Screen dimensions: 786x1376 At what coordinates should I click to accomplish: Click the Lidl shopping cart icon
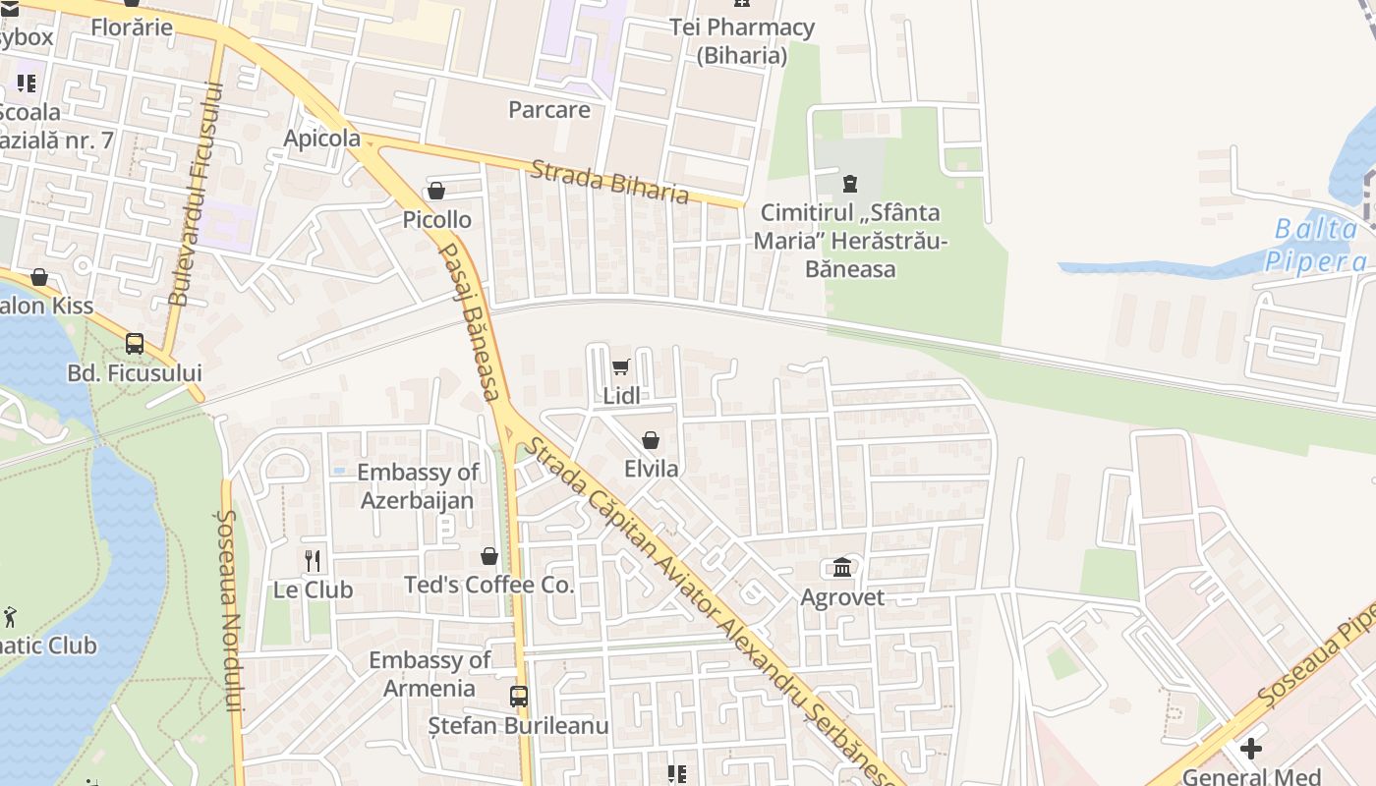click(x=620, y=367)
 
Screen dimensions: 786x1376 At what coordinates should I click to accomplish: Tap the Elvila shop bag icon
click(x=651, y=440)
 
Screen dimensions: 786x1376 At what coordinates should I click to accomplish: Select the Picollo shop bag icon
click(x=436, y=191)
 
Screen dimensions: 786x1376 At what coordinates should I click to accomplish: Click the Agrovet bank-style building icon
click(x=842, y=568)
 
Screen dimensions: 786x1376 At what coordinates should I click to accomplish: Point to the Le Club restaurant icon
click(x=313, y=561)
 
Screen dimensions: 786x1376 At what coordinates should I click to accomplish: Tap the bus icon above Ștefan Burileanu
click(x=519, y=697)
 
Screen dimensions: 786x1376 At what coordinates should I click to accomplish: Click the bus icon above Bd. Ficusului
click(x=135, y=344)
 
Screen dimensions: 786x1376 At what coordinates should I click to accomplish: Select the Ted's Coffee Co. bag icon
click(x=489, y=557)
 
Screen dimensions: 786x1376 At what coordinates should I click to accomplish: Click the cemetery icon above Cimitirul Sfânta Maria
click(x=850, y=183)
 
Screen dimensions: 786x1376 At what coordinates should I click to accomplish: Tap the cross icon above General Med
click(x=1250, y=749)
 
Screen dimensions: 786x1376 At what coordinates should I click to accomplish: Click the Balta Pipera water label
click(x=1316, y=245)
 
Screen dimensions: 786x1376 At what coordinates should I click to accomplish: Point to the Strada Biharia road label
click(x=609, y=181)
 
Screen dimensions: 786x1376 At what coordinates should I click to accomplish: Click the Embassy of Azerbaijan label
click(x=418, y=486)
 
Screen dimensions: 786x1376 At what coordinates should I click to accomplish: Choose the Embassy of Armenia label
click(x=430, y=674)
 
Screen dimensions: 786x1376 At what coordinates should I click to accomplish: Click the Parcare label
click(x=549, y=109)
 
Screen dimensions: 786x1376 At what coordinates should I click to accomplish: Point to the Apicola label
click(x=322, y=139)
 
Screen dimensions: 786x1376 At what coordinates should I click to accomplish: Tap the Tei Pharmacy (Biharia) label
click(x=742, y=41)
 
